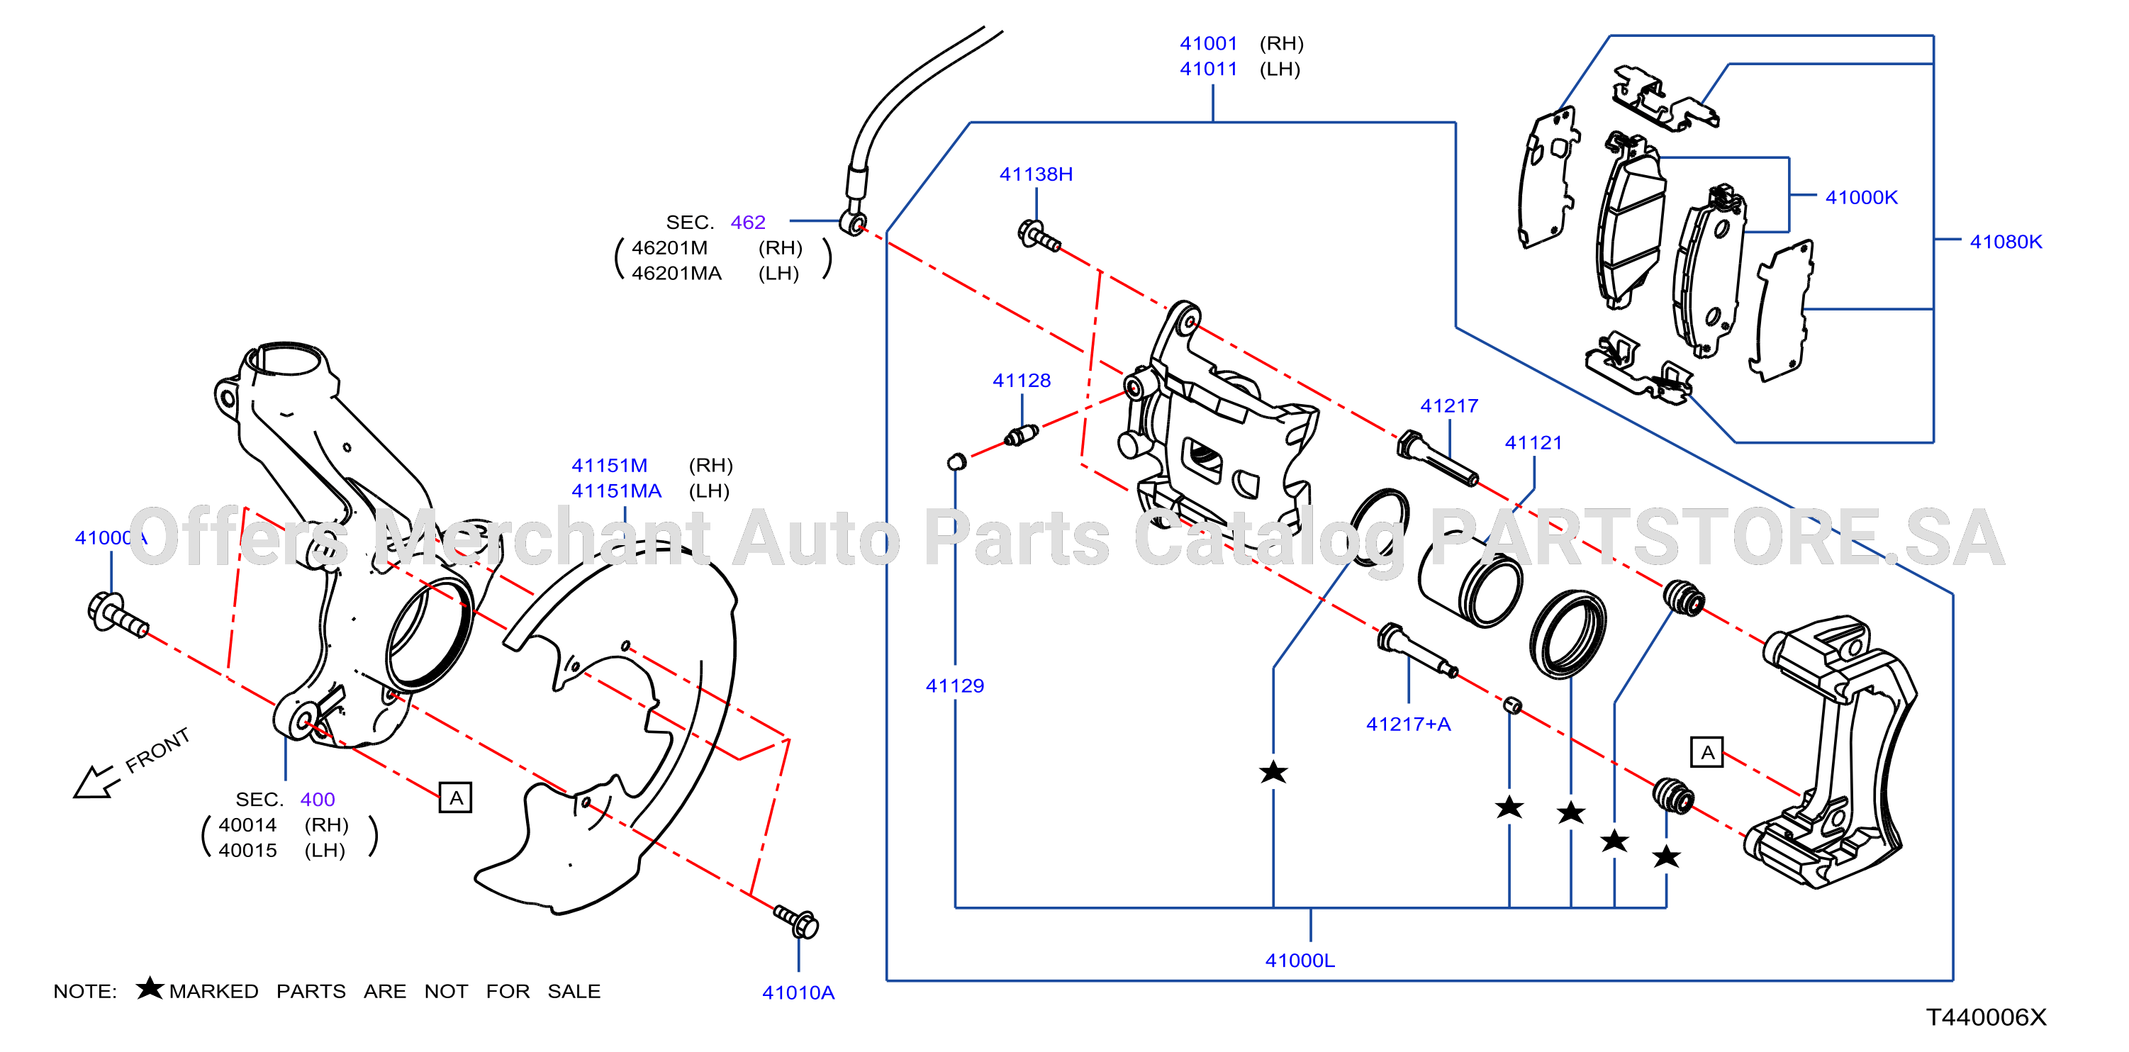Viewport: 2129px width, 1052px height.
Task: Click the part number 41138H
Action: coord(1036,174)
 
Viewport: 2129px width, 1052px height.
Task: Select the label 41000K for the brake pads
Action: coord(1861,198)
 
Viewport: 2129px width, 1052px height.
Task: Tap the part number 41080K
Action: coord(2006,242)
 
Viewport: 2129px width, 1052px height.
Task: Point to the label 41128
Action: coord(1022,380)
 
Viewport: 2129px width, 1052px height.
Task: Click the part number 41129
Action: coord(954,686)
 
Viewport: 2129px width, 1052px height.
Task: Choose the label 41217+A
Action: coord(1408,724)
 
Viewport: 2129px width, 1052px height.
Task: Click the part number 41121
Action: coord(1533,443)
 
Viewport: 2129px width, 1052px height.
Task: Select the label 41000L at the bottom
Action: coord(1300,961)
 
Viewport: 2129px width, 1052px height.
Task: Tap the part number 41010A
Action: coord(798,992)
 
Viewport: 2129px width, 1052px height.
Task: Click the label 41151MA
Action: coord(617,491)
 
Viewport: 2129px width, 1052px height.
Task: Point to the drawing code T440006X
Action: coord(1986,1017)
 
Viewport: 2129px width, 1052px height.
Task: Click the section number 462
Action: coord(748,223)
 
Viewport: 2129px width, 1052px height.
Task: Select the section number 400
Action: coord(318,799)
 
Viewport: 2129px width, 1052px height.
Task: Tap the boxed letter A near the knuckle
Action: coord(455,798)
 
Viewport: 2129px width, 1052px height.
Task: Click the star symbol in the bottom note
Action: coord(150,987)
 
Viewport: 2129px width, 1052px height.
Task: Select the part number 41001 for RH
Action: coord(1208,43)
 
